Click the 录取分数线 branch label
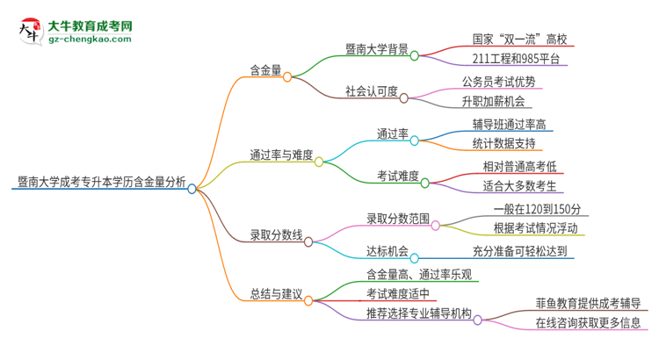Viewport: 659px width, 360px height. tap(276, 234)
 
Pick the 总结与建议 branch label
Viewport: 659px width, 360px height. tap(276, 292)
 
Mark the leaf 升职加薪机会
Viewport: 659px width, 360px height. tap(498, 101)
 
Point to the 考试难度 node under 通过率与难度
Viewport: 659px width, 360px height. tap(397, 176)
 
